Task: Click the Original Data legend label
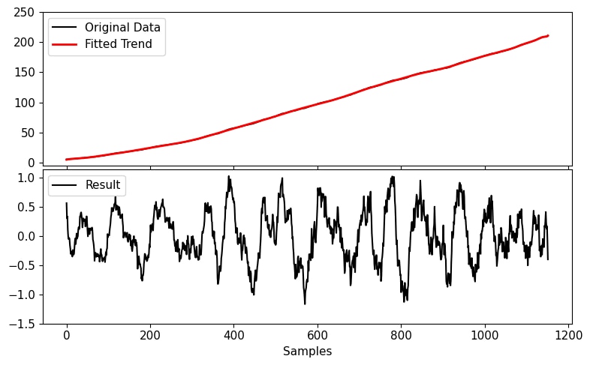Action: tap(122, 28)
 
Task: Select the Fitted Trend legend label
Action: tap(119, 44)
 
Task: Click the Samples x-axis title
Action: tap(307, 351)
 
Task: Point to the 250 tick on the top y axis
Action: tap(24, 13)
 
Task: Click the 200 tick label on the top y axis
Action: tap(24, 43)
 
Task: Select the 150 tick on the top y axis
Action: tap(24, 73)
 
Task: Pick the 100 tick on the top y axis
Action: tap(24, 103)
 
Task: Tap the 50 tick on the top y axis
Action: tap(27, 133)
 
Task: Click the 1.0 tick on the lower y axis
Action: tap(27, 178)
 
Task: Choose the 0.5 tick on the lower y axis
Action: tap(27, 207)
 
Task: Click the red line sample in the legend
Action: tap(65, 44)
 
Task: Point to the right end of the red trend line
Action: tap(548, 35)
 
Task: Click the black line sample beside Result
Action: tap(65, 185)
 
